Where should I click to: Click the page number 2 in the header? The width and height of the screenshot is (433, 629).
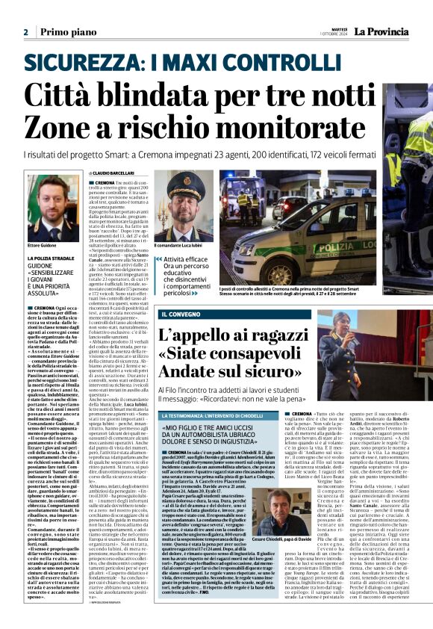tap(26, 32)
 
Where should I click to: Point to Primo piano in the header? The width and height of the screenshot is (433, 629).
tap(64, 32)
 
